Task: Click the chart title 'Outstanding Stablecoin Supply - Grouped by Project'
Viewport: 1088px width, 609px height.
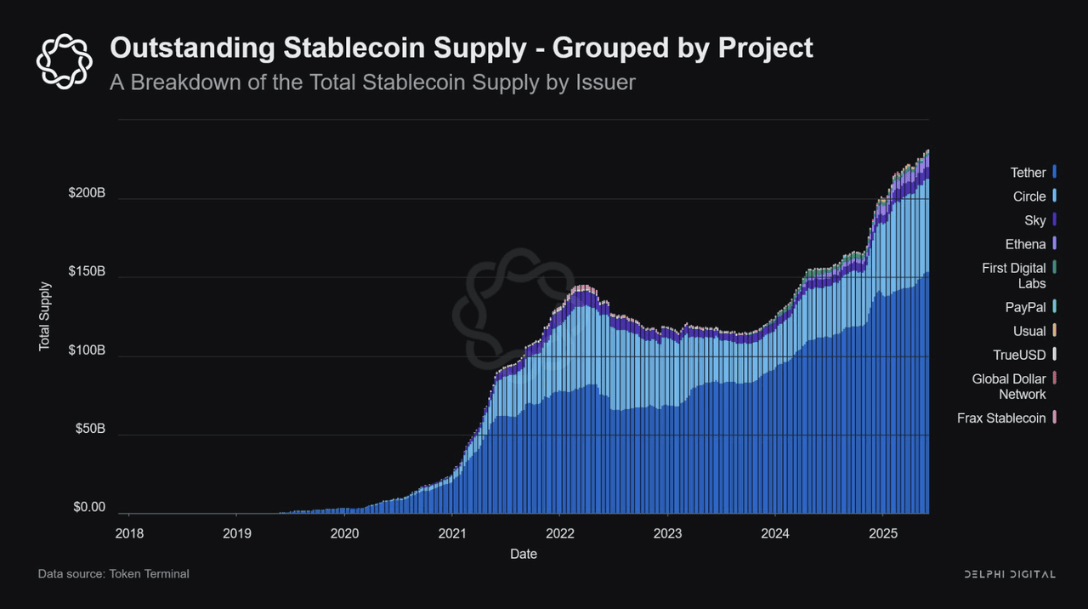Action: pyautogui.click(x=461, y=48)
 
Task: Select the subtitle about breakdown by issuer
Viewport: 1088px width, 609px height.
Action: pyautogui.click(x=372, y=83)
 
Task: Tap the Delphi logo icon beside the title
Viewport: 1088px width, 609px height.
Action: pyautogui.click(x=64, y=60)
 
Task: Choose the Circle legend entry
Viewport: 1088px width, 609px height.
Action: pyautogui.click(x=1029, y=196)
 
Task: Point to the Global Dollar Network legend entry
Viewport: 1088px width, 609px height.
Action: pyautogui.click(x=1009, y=386)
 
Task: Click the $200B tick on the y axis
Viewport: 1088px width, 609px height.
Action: pyautogui.click(x=87, y=193)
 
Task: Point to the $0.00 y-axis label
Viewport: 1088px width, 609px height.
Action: pyautogui.click(x=89, y=508)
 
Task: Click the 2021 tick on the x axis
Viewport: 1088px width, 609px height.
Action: pyautogui.click(x=451, y=533)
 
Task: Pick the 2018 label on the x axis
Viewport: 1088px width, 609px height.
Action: pyautogui.click(x=128, y=533)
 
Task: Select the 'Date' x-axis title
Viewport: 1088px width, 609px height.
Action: pyautogui.click(x=523, y=554)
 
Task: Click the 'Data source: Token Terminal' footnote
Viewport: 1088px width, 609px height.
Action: pyautogui.click(x=113, y=574)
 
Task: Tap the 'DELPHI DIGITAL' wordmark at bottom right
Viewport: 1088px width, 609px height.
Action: pyautogui.click(x=1010, y=574)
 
